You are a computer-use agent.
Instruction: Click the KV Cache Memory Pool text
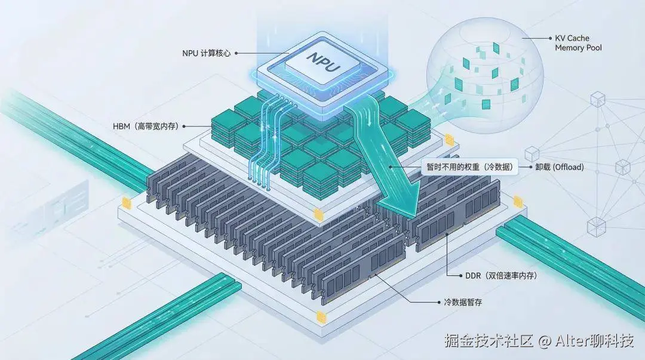coord(578,43)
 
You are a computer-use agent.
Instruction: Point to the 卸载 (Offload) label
coord(560,167)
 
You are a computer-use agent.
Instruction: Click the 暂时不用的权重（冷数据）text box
coord(469,167)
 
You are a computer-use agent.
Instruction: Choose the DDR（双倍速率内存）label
coord(500,276)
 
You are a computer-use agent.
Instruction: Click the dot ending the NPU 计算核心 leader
coord(237,53)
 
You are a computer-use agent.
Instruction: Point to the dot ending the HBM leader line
coord(184,127)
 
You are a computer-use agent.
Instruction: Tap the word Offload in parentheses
coord(568,167)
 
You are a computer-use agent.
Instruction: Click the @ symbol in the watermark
coord(543,341)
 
